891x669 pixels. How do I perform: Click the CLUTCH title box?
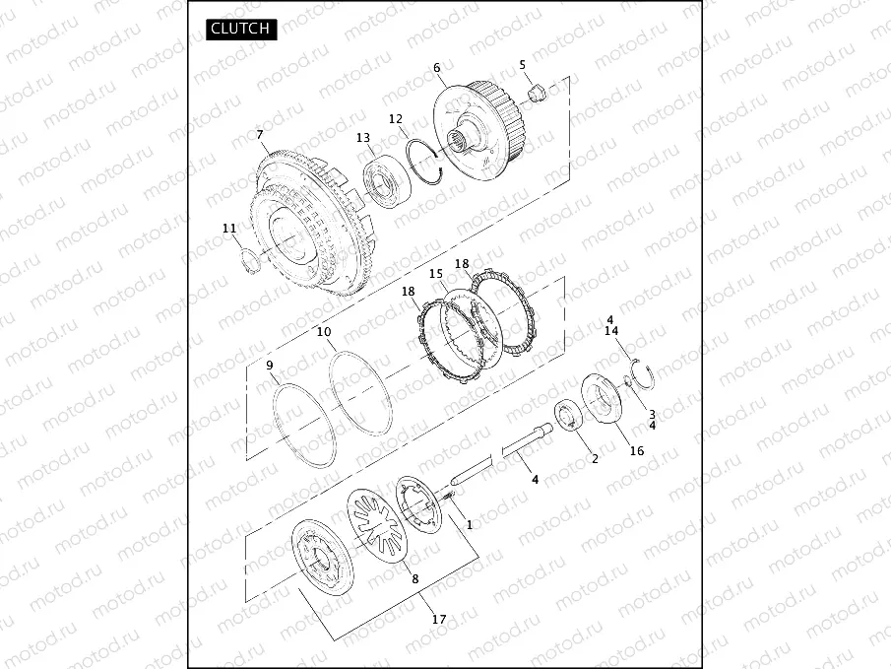241,29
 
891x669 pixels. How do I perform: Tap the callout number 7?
260,135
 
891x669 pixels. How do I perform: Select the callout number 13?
363,138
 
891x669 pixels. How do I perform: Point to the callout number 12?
396,119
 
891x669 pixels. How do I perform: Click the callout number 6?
436,68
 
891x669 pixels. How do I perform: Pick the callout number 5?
522,65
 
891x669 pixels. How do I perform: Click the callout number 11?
229,229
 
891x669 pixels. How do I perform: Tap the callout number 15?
436,274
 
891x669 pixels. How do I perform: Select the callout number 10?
324,332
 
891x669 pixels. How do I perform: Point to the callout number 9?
270,366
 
